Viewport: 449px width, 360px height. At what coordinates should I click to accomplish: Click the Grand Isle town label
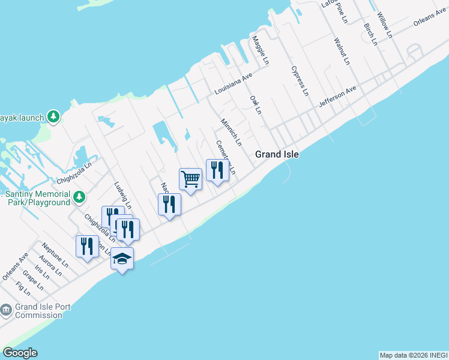point(277,154)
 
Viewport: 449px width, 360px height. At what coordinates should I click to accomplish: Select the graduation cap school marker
point(122,259)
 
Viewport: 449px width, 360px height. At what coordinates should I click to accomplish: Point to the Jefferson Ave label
point(337,96)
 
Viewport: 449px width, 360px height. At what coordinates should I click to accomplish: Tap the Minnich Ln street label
point(231,132)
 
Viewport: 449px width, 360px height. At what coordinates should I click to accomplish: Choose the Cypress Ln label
point(300,81)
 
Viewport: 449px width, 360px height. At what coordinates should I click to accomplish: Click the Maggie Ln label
point(259,50)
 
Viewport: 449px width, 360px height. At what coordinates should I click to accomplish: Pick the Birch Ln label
point(370,34)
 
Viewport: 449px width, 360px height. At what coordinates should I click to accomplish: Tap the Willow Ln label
point(384,24)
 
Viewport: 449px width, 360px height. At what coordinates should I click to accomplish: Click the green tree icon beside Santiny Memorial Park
point(79,197)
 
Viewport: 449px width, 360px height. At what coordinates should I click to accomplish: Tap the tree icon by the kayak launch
point(53,116)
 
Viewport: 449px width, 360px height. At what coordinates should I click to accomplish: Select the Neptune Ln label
point(55,254)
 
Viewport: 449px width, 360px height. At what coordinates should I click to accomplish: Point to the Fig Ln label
point(23,289)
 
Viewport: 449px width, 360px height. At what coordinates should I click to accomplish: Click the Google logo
point(20,353)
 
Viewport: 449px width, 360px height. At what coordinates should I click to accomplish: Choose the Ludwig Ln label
point(123,195)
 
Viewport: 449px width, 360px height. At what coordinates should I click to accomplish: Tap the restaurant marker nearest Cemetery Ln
point(217,170)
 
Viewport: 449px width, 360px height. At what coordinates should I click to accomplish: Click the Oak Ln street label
point(256,104)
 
